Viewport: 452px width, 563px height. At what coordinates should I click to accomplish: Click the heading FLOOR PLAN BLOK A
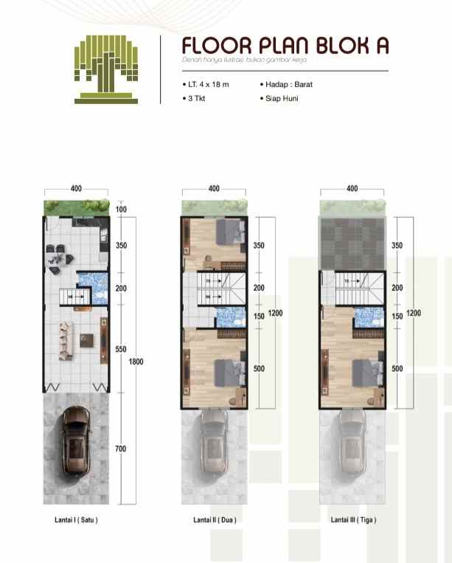(285, 46)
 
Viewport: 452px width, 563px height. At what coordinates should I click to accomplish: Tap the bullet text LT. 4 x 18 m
(209, 84)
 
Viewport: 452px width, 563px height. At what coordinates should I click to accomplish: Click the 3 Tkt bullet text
(198, 97)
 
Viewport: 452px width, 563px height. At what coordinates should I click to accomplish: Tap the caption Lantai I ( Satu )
(76, 519)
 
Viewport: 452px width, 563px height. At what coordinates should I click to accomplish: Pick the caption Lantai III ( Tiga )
(352, 519)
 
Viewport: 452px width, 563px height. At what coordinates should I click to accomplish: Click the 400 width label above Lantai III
(352, 189)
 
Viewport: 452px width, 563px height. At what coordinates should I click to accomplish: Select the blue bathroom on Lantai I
(93, 288)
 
